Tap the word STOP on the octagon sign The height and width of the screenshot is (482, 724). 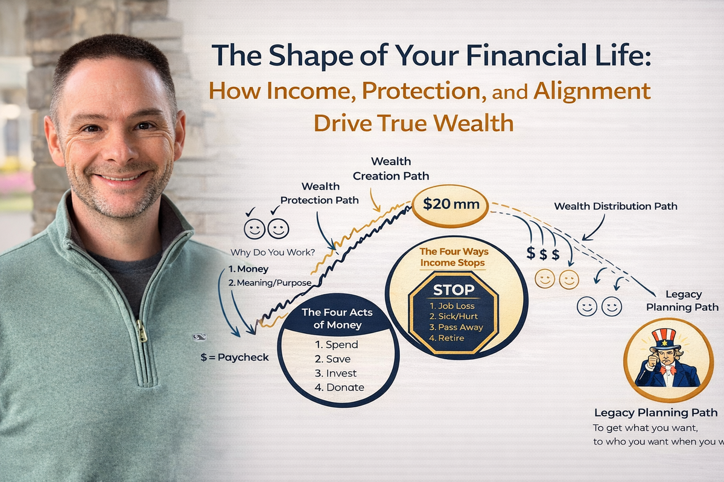[x=454, y=290]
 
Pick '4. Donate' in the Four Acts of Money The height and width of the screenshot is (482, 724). [x=340, y=387]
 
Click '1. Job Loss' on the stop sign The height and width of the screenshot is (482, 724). [x=453, y=305]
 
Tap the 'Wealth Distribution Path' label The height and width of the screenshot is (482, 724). [x=615, y=206]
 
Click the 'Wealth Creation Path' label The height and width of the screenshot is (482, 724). [x=390, y=168]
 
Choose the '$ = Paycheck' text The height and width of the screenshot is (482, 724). [x=235, y=357]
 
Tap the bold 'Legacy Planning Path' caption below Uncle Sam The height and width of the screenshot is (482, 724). [x=656, y=413]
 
